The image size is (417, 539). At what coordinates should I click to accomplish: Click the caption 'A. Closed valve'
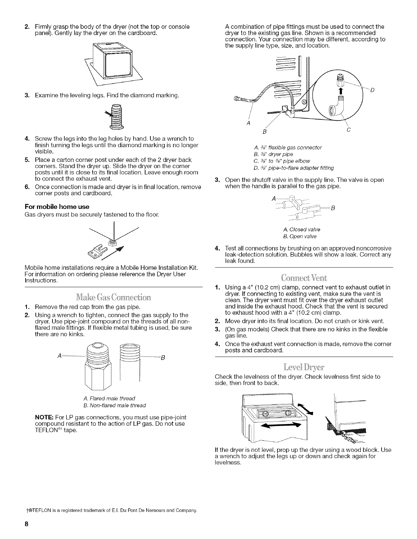(302, 229)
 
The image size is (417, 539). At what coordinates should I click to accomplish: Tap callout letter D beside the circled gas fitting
(372, 90)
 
